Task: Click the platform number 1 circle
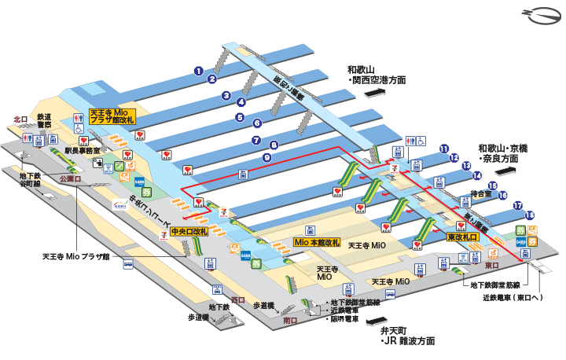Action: tap(200, 71)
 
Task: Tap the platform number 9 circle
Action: tap(267, 157)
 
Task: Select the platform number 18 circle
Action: tap(531, 215)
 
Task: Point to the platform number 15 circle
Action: tap(492, 186)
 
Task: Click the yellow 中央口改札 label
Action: tap(189, 232)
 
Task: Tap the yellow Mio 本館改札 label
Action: tap(316, 241)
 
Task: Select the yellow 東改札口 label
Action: tap(463, 237)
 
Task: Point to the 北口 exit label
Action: tap(20, 119)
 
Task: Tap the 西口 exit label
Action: tap(239, 299)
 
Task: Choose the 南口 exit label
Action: tap(290, 320)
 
